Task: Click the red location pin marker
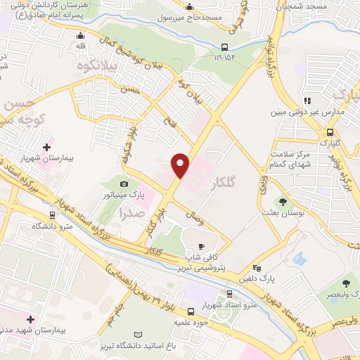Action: pyautogui.click(x=181, y=164)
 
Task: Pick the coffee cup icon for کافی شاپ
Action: pyautogui.click(x=202, y=247)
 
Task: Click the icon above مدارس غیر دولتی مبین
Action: pyautogui.click(x=308, y=101)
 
